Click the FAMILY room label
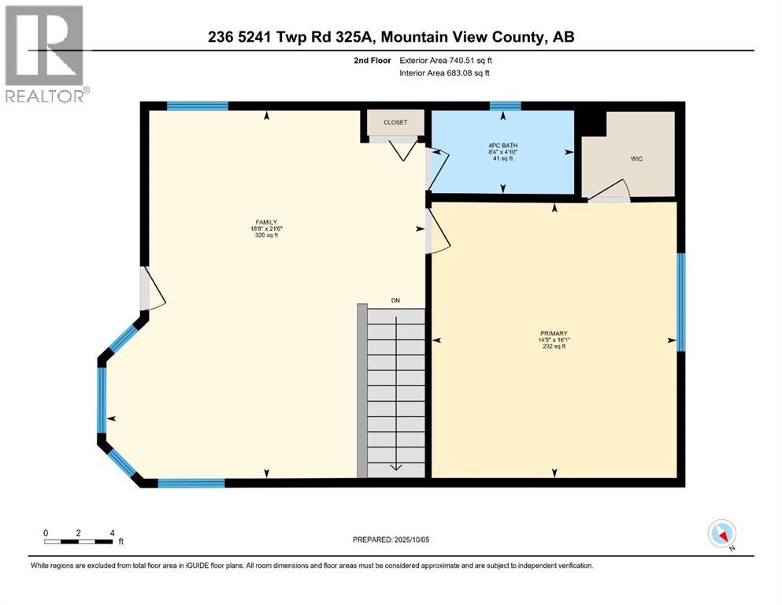(266, 222)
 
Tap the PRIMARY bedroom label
(554, 333)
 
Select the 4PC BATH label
(502, 146)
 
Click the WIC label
(636, 158)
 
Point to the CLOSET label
(395, 122)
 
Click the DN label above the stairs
(395, 300)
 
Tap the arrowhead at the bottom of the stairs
(396, 467)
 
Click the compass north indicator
(721, 534)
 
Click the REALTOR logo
(45, 54)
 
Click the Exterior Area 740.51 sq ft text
(446, 61)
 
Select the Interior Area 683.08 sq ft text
(444, 72)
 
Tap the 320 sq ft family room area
(266, 235)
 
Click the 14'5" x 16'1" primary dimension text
(554, 340)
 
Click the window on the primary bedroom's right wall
(681, 302)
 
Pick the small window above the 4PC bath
(506, 106)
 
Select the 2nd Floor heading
(372, 61)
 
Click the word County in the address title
(519, 37)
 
